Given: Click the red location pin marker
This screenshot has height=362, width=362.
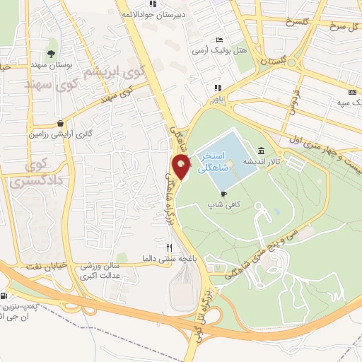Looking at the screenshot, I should (x=182, y=168).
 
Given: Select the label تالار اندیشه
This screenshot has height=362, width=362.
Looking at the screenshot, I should (x=259, y=162).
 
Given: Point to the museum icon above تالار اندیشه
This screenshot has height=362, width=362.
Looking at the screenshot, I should (x=262, y=151).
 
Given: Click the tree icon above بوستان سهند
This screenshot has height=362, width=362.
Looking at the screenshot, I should (x=50, y=53).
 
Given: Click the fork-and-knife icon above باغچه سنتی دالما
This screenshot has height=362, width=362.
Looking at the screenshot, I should (x=169, y=247).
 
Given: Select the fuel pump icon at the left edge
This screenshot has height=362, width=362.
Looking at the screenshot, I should (x=4, y=296).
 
